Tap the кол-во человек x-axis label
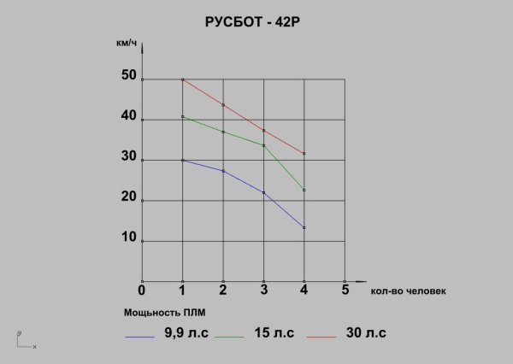409,291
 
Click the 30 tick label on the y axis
128,157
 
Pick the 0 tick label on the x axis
142,290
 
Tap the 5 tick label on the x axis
345,290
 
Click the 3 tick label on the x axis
263,290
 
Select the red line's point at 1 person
183,79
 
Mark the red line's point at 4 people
304,154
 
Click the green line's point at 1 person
183,116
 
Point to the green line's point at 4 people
304,190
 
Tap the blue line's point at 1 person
183,160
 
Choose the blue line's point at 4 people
304,227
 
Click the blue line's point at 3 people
263,192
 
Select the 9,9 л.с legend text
183,332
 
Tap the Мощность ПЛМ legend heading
165,311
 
